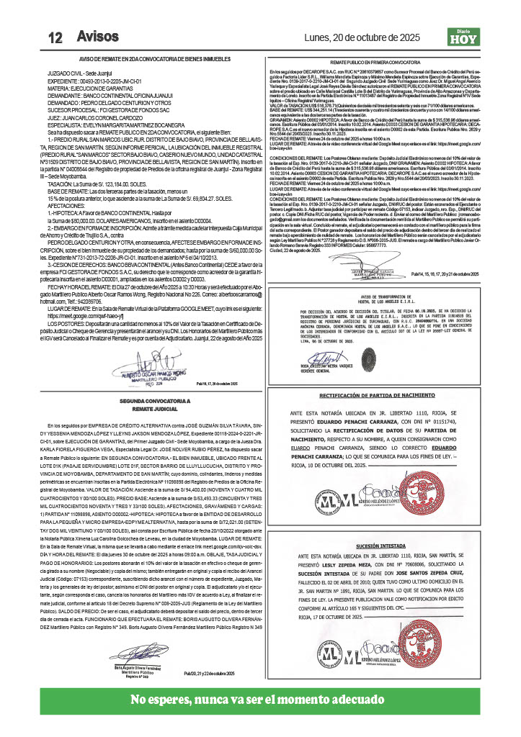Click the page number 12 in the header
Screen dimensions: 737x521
(55, 37)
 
